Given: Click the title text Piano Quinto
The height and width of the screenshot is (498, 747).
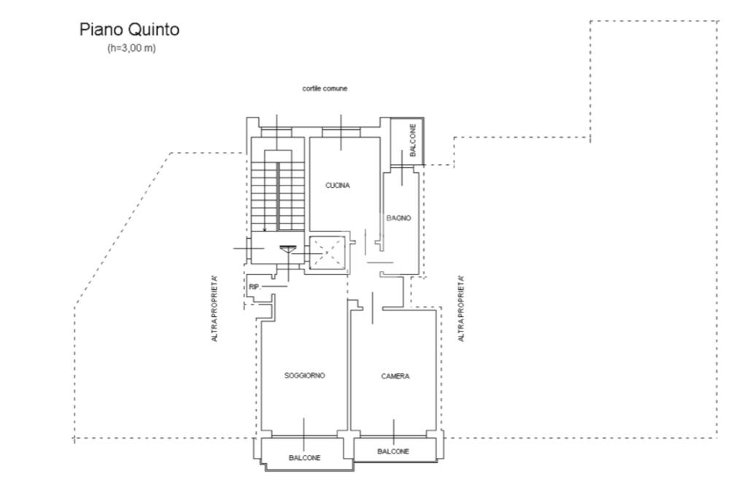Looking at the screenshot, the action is tap(129, 30).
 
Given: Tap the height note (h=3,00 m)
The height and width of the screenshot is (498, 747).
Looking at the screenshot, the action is tap(131, 48).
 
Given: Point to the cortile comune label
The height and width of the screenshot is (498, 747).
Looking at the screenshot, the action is tap(325, 88).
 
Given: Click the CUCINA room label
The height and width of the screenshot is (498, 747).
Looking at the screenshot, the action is tap(337, 185).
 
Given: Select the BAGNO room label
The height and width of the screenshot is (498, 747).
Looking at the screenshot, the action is tap(399, 218).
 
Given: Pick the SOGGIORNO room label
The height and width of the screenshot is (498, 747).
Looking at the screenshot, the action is tap(304, 375).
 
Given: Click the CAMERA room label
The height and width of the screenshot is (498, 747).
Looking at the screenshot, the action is tap(395, 376).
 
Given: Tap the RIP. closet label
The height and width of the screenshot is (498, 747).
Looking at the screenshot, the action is tap(255, 287).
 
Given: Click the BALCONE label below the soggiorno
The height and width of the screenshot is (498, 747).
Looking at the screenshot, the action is tap(304, 458).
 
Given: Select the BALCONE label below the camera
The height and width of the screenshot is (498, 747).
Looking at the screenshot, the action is tap(393, 451).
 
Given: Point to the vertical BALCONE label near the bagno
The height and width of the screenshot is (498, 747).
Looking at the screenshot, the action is tap(413, 140).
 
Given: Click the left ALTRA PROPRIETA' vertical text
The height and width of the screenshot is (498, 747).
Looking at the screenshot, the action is tap(214, 309).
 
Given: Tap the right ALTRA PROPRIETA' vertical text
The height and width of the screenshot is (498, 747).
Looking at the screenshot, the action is tap(461, 309).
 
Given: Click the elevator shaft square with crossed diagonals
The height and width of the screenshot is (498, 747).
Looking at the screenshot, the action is tap(327, 253).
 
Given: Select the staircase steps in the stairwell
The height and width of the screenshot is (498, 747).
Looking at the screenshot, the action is tap(277, 191).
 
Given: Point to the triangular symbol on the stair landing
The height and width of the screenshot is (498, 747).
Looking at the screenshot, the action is tap(287, 249).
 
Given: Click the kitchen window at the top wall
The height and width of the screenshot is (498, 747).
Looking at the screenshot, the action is tap(341, 132).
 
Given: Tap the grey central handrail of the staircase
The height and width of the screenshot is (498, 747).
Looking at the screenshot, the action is tap(277, 196).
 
